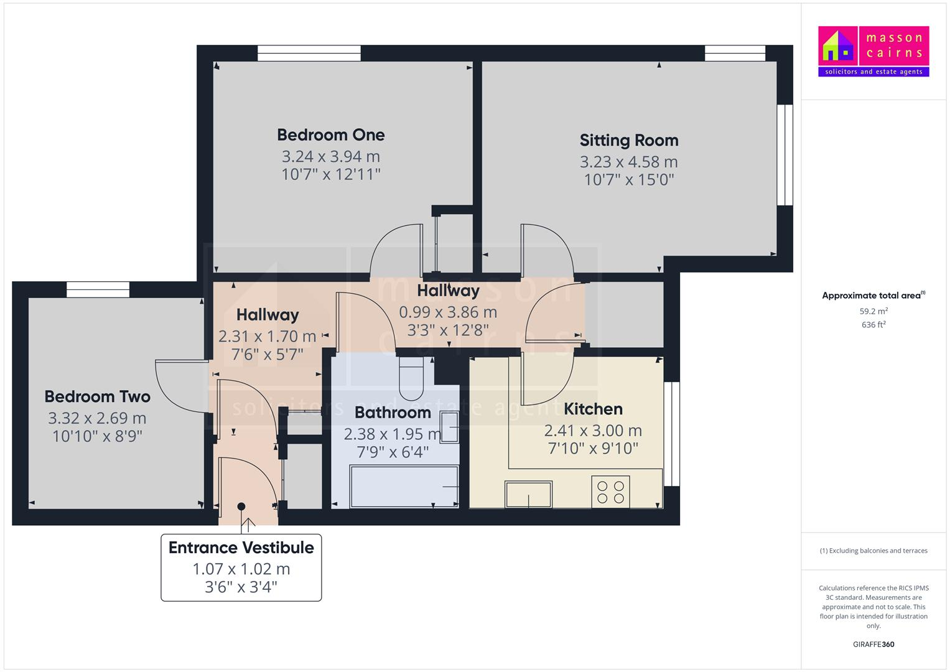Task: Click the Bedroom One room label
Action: click(x=330, y=135)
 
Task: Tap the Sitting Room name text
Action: click(x=628, y=141)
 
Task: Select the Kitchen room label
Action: click(x=592, y=409)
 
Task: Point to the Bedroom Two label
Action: click(x=97, y=397)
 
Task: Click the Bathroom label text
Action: click(x=393, y=413)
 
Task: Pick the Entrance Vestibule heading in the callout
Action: click(x=241, y=548)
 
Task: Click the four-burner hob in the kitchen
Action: click(x=610, y=492)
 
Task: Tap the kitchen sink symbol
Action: click(x=528, y=495)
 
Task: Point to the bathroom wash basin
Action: click(x=449, y=427)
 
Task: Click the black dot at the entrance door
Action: click(x=241, y=506)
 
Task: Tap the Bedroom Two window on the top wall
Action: click(x=98, y=289)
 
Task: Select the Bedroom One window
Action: click(x=309, y=54)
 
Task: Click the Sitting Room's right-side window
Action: click(x=785, y=154)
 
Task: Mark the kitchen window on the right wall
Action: click(x=671, y=434)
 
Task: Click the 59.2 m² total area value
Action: click(x=873, y=311)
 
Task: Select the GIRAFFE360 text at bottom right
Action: click(x=873, y=644)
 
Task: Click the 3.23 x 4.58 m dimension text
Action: click(x=628, y=162)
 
